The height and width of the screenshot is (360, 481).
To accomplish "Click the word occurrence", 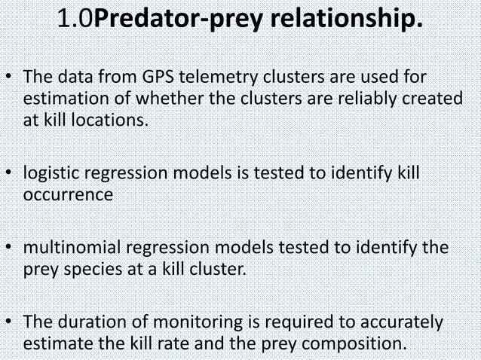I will coord(69,195).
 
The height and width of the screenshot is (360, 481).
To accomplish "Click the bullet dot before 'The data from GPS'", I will coord(8,78).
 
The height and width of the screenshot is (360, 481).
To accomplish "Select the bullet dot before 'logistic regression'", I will coord(8,175).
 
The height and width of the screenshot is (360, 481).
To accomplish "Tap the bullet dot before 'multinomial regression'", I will coord(8,248).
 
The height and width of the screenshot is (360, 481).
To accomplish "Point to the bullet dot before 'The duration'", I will coord(8,322).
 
